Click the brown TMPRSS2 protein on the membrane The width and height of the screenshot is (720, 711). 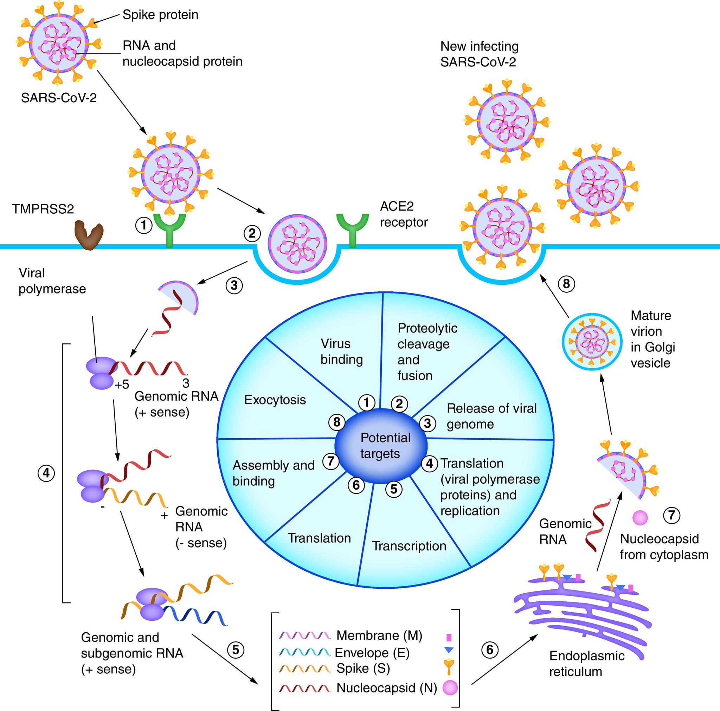coord(89,234)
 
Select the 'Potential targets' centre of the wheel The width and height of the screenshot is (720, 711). coord(381,446)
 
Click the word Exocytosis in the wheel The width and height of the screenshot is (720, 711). coord(275,400)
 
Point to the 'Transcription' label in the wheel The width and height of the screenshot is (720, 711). coord(409,546)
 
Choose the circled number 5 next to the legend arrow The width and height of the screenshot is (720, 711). coord(236,649)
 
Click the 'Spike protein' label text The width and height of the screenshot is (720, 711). coord(160,15)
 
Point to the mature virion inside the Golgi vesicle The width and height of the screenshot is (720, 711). coord(592,341)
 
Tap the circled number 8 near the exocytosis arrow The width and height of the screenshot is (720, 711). coord(566,284)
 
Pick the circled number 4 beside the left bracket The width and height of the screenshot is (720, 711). coord(46,473)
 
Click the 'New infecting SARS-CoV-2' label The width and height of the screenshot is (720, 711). coord(479,54)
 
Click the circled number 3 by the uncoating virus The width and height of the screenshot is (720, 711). coord(234,286)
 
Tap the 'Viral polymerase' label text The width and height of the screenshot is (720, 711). coord(52,281)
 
